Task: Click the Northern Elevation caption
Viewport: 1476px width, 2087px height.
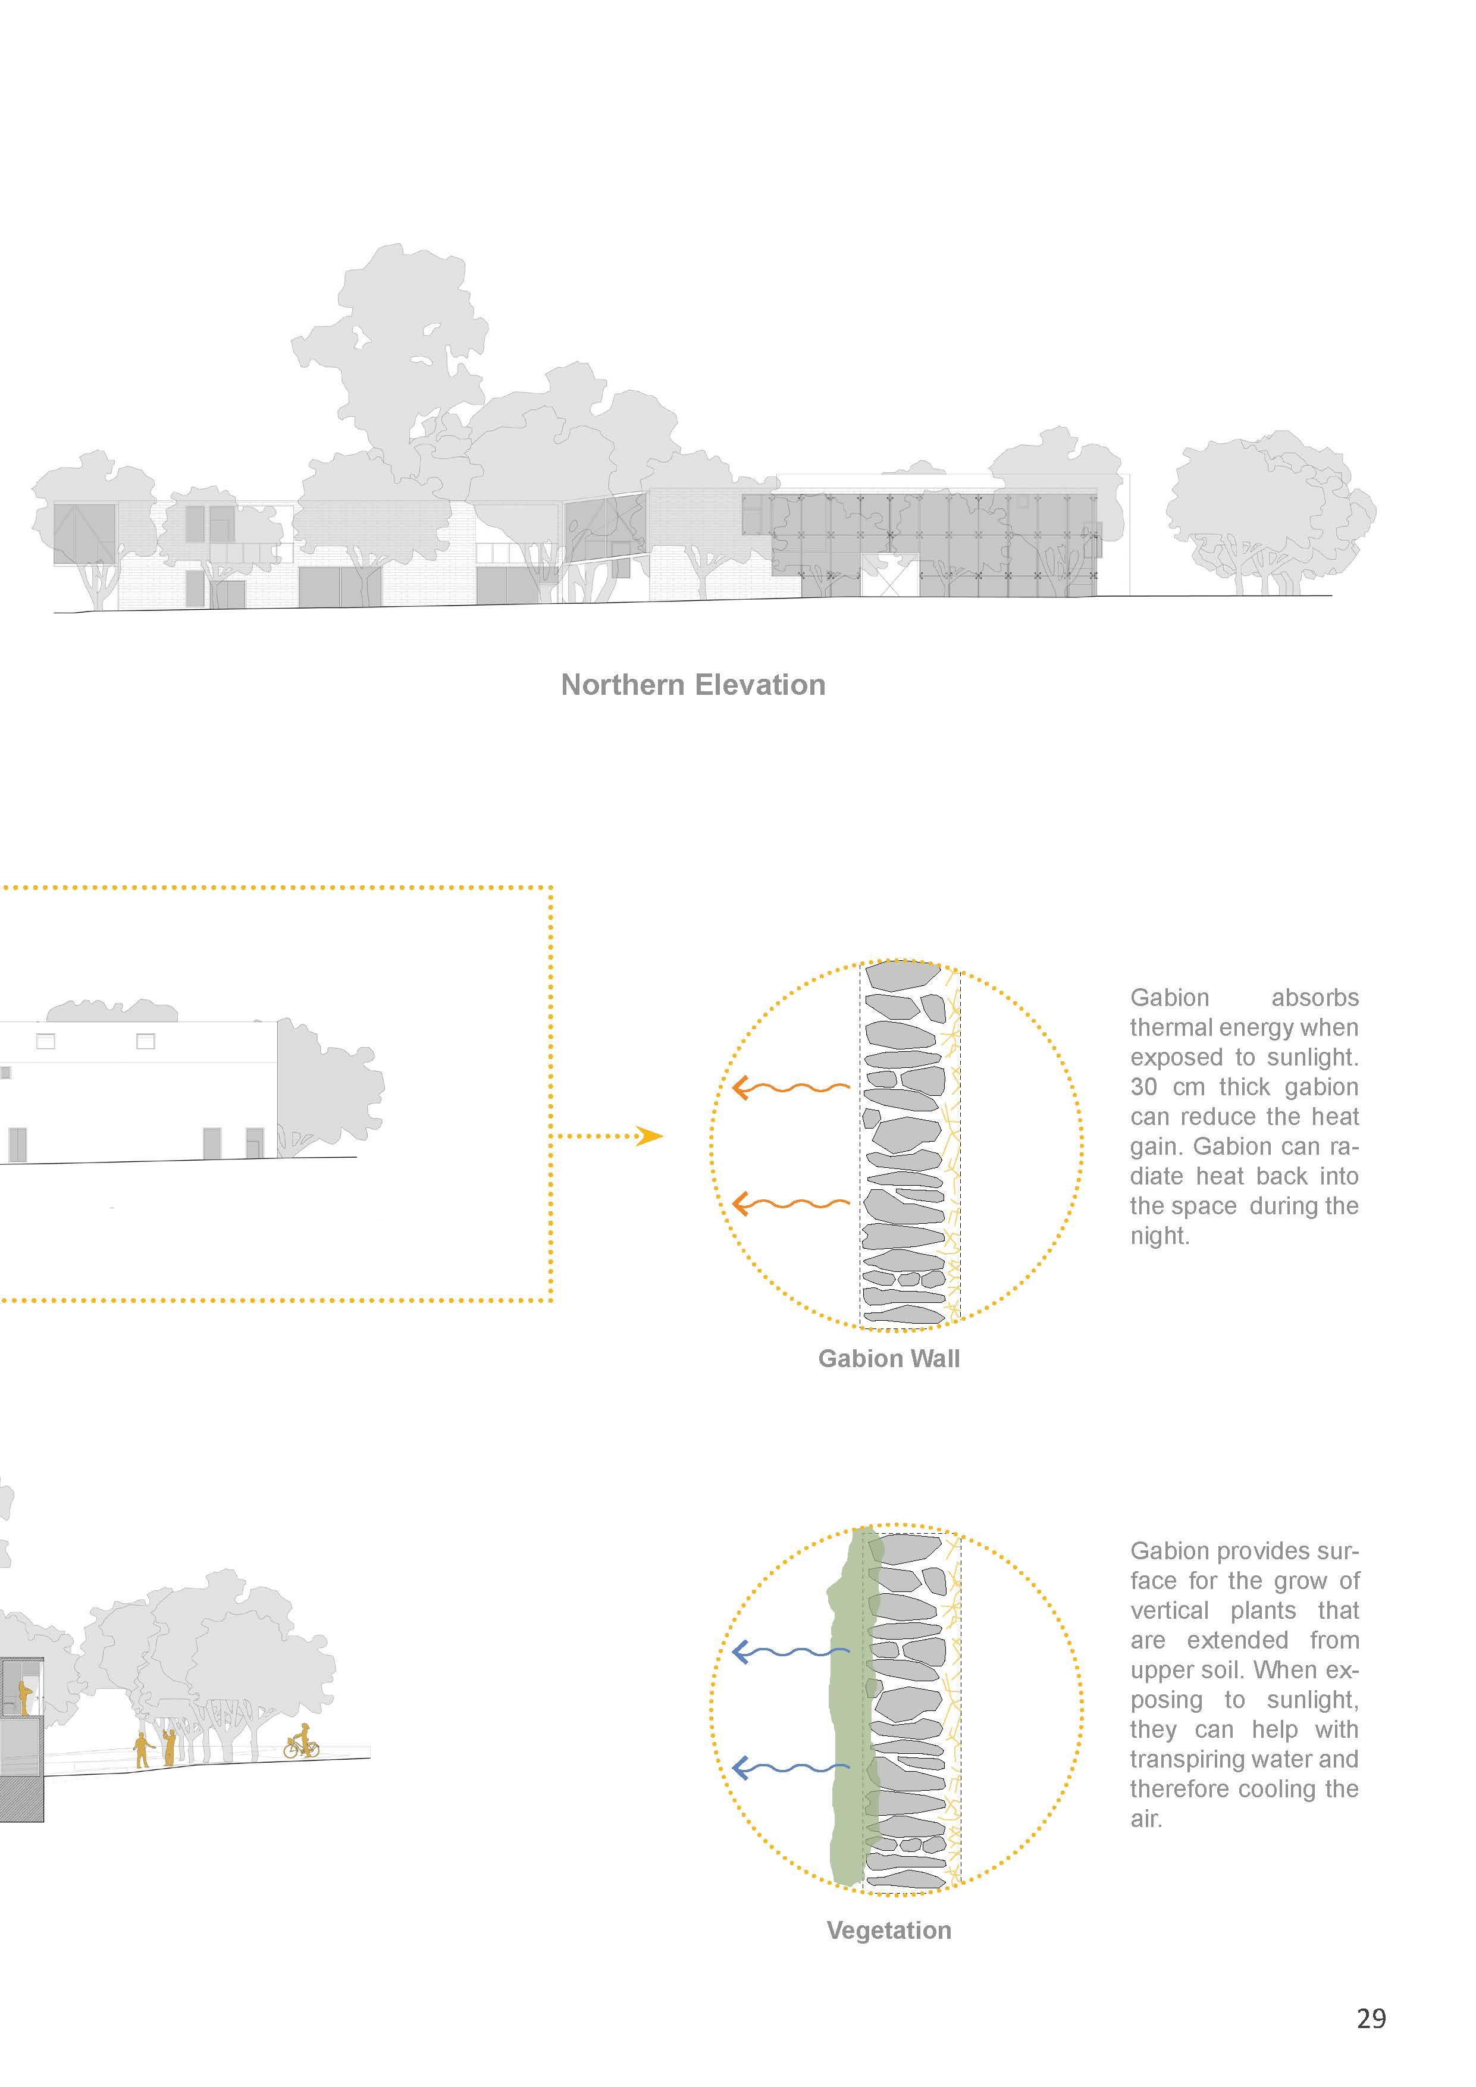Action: (x=692, y=684)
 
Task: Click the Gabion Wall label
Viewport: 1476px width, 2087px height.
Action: (x=888, y=1358)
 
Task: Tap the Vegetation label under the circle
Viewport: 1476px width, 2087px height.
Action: (x=888, y=1930)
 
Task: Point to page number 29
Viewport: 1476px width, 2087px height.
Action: (x=1371, y=2019)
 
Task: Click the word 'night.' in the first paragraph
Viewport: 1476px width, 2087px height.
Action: (x=1160, y=1236)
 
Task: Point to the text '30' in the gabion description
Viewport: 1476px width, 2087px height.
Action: (x=1144, y=1087)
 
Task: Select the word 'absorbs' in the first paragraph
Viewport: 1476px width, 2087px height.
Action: (x=1314, y=998)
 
